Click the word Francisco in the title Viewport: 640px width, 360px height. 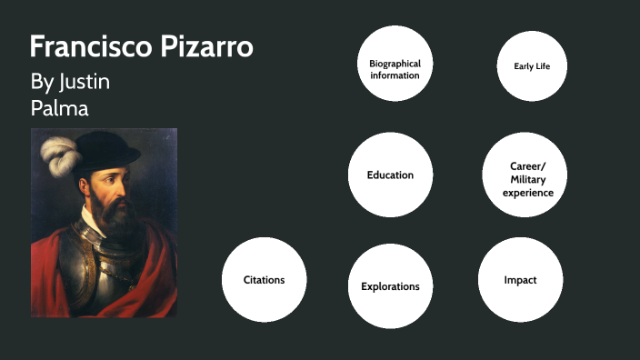pos(81,47)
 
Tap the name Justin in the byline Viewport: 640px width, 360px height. pos(85,82)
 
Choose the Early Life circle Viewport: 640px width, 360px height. pos(532,65)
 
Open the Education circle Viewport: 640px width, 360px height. pos(390,175)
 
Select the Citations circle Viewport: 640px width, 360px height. pos(264,279)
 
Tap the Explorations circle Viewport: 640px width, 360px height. pos(390,286)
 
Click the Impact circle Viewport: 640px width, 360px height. pos(520,279)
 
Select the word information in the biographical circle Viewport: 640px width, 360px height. pos(395,75)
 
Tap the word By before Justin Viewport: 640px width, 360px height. pos(42,82)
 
